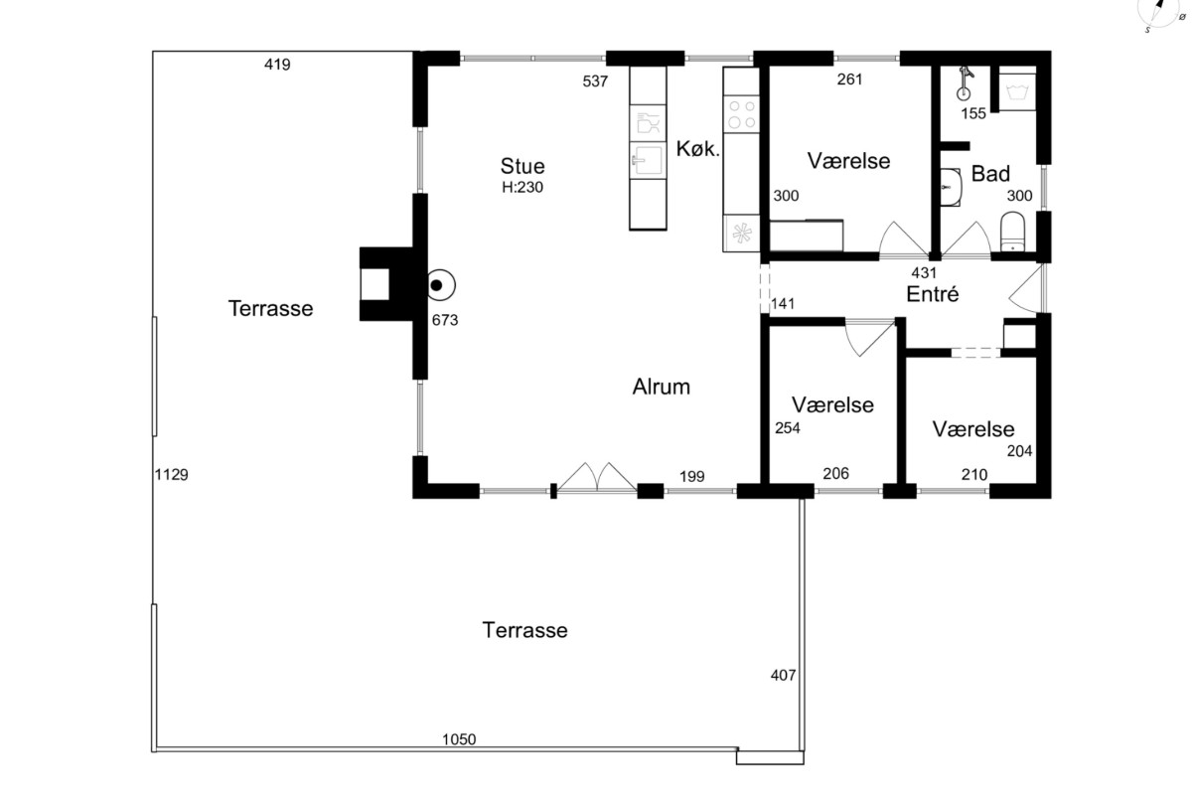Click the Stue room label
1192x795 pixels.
tap(522, 166)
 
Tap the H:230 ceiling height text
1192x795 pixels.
tap(522, 188)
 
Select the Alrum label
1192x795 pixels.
tap(661, 387)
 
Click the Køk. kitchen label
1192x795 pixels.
tap(697, 149)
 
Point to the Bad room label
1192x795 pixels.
tap(990, 174)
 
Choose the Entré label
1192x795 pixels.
tap(933, 294)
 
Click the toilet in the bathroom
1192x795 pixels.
tap(1012, 232)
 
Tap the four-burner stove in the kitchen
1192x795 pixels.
tap(742, 114)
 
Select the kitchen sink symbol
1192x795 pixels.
tap(648, 160)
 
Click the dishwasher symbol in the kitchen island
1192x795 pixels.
tap(648, 123)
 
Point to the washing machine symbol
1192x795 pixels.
tap(1017, 88)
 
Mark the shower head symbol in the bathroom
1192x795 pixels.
tap(964, 83)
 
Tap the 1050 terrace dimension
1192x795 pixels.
tap(459, 739)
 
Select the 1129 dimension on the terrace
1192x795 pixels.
tap(171, 474)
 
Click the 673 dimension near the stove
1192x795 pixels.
tap(445, 320)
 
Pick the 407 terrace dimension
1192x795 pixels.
tap(783, 675)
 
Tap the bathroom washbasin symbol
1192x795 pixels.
tap(951, 188)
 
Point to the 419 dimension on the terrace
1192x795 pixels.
tap(277, 65)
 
